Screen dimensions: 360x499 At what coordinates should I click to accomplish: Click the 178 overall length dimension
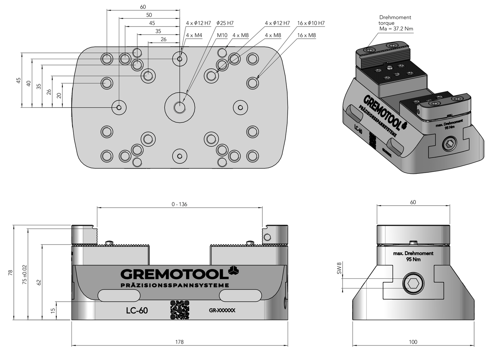[179, 342]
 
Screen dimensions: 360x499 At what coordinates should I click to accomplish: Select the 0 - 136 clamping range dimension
[179, 204]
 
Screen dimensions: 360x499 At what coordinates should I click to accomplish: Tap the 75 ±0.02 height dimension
[24, 274]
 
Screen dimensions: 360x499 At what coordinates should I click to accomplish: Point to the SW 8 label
[339, 268]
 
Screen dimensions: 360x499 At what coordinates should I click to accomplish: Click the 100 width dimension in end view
[413, 342]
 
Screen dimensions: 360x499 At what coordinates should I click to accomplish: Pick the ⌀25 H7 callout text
[225, 23]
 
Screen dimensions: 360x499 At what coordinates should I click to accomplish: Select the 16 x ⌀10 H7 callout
[311, 23]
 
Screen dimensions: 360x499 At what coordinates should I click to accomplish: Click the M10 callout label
[222, 35]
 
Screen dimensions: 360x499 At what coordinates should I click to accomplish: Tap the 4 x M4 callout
[194, 35]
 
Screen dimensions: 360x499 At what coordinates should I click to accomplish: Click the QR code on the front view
[180, 310]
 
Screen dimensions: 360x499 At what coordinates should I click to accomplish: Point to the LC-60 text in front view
[137, 311]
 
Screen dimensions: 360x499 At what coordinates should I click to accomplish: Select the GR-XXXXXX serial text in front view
[222, 310]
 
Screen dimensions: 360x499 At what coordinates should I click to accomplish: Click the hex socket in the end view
[413, 284]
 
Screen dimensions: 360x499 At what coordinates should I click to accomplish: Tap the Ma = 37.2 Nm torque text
[396, 29]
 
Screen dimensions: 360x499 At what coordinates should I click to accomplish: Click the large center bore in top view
[179, 107]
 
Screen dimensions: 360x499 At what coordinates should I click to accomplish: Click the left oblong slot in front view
[119, 295]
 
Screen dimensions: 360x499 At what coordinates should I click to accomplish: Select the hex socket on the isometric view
[449, 145]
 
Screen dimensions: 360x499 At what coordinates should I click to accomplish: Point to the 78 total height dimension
[10, 272]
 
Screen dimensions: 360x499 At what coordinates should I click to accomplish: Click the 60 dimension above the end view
[413, 202]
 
